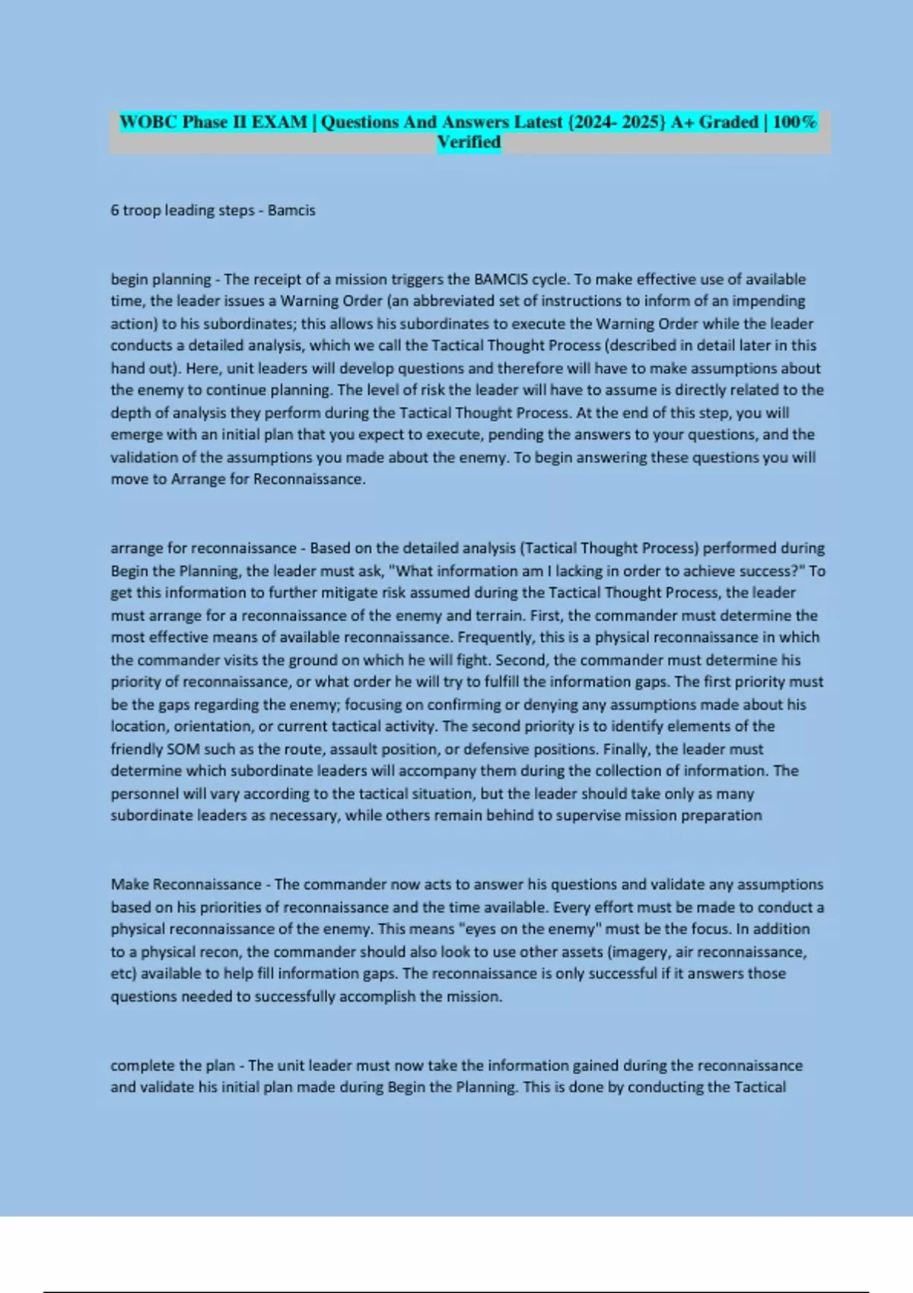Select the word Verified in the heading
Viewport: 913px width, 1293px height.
coord(469,142)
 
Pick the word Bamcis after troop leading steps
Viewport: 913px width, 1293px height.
coord(291,211)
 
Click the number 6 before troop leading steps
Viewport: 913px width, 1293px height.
coord(115,211)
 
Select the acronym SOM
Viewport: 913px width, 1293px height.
coord(183,749)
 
